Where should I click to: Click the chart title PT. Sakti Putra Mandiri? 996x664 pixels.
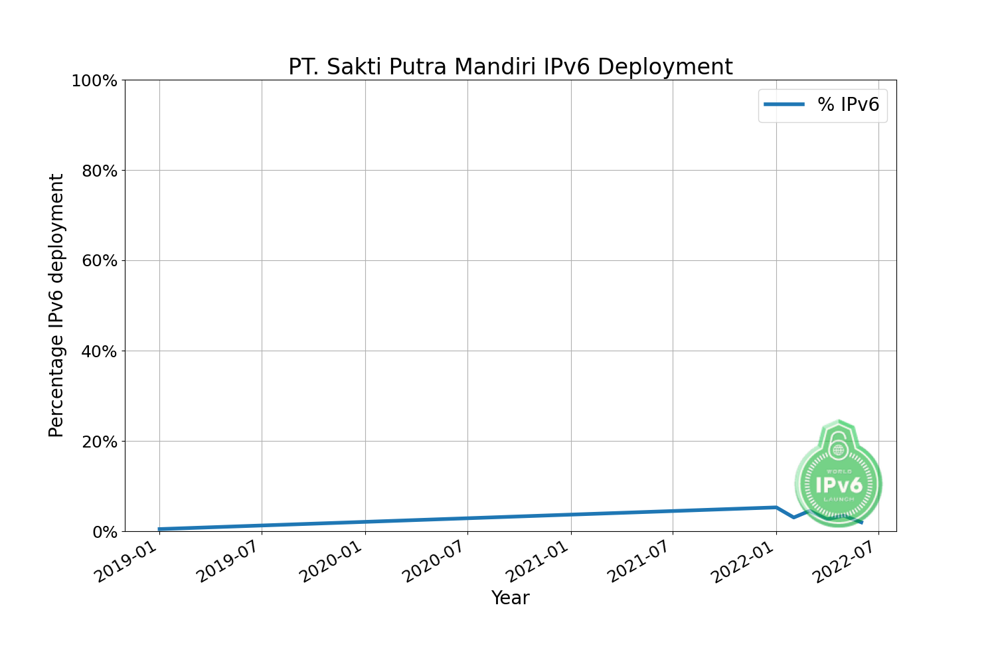(x=510, y=67)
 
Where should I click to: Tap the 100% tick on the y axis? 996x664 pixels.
(x=94, y=81)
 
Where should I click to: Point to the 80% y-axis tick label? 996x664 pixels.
(x=99, y=171)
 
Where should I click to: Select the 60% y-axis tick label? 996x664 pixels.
(x=99, y=261)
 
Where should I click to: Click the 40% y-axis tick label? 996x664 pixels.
(x=99, y=351)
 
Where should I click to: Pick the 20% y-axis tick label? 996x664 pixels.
(x=99, y=442)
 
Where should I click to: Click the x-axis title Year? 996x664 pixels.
(x=510, y=598)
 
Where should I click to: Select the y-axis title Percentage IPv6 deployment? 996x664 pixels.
(x=56, y=305)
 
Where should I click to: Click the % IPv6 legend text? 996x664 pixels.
(x=848, y=105)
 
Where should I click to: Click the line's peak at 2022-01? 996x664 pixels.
(x=776, y=507)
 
